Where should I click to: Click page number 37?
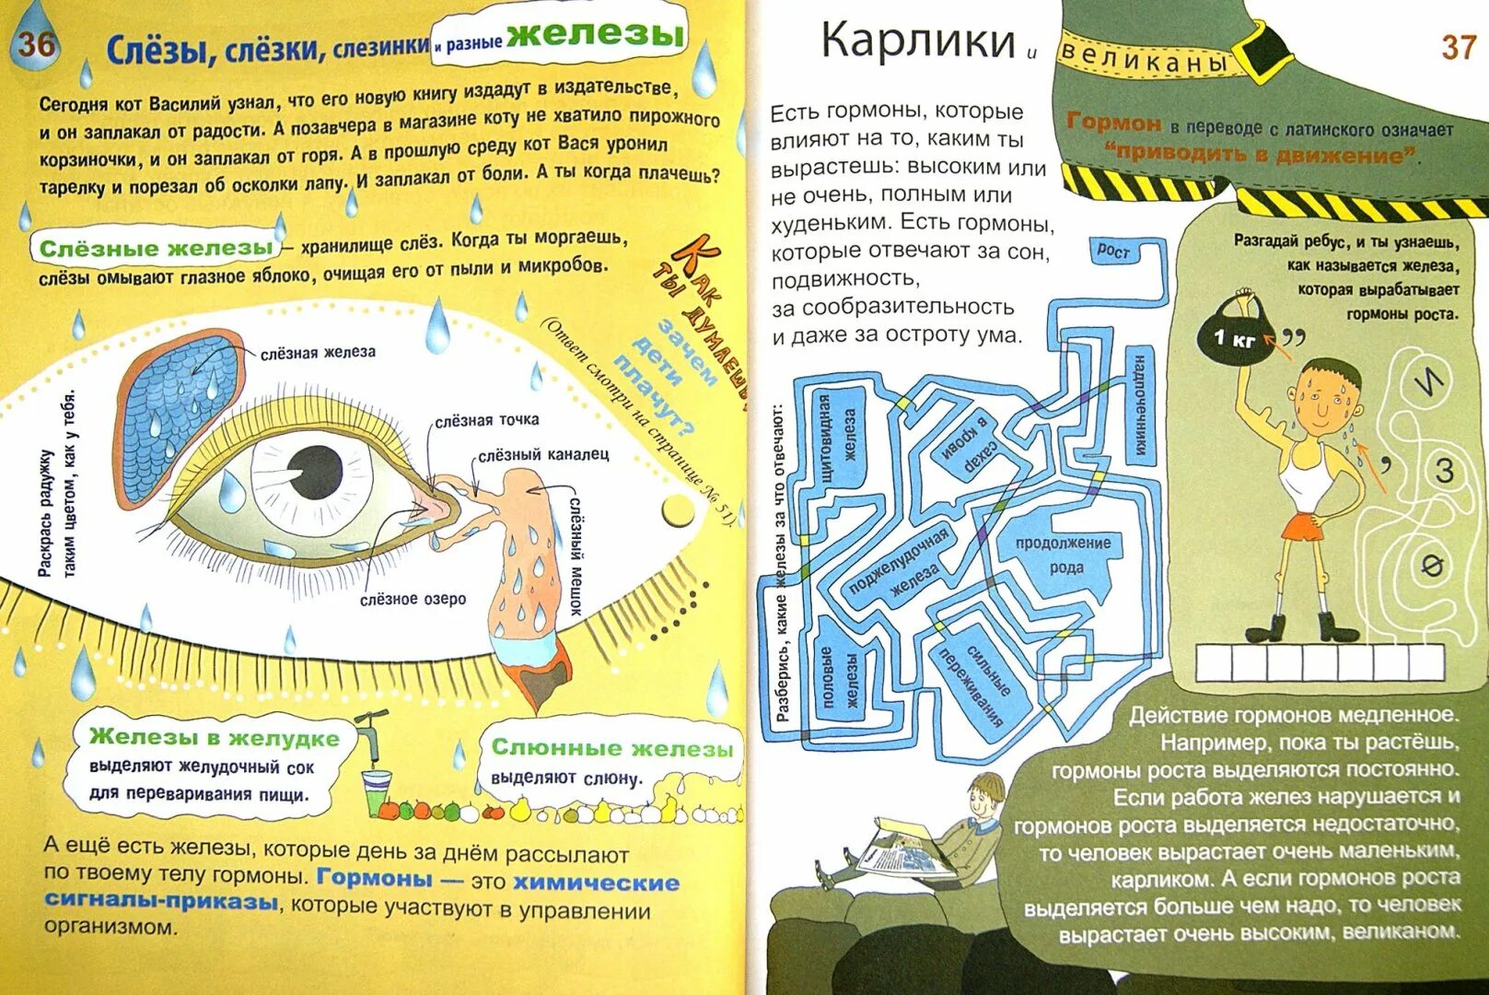pyautogui.click(x=1458, y=47)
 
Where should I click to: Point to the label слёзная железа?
pyautogui.click(x=318, y=353)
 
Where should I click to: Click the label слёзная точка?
pyautogui.click(x=487, y=420)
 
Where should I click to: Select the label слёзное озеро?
pyautogui.click(x=413, y=599)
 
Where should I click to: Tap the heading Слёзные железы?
pyautogui.click(x=157, y=248)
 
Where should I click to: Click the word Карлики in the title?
pyautogui.click(x=917, y=41)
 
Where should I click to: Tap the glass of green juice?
pyautogui.click(x=375, y=792)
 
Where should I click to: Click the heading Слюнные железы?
pyautogui.click(x=612, y=747)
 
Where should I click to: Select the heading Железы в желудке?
pyautogui.click(x=215, y=737)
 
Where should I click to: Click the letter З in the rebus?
pyautogui.click(x=1444, y=471)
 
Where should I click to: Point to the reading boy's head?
pyautogui.click(x=988, y=791)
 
